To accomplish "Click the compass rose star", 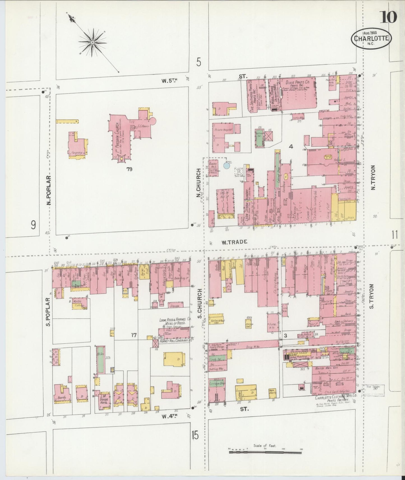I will coord(92,42).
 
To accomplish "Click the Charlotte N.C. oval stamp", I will coord(371,39).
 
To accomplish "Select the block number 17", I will coord(134,335).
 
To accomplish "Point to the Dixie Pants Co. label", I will coord(297,83).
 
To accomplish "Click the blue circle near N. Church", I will coord(226,166).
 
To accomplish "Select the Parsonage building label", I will coord(74,153).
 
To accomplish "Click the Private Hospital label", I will coord(223,130).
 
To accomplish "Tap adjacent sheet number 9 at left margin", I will coord(33,225).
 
